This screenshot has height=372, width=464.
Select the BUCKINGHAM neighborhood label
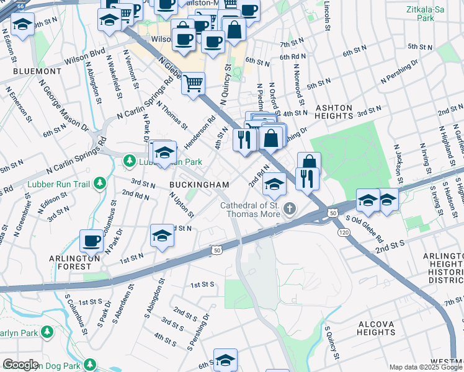point(200,185)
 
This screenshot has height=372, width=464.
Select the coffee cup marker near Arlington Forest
point(92,240)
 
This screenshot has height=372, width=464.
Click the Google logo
point(20,365)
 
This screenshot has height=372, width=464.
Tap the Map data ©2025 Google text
point(425,367)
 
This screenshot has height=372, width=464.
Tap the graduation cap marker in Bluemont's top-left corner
point(23,25)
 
